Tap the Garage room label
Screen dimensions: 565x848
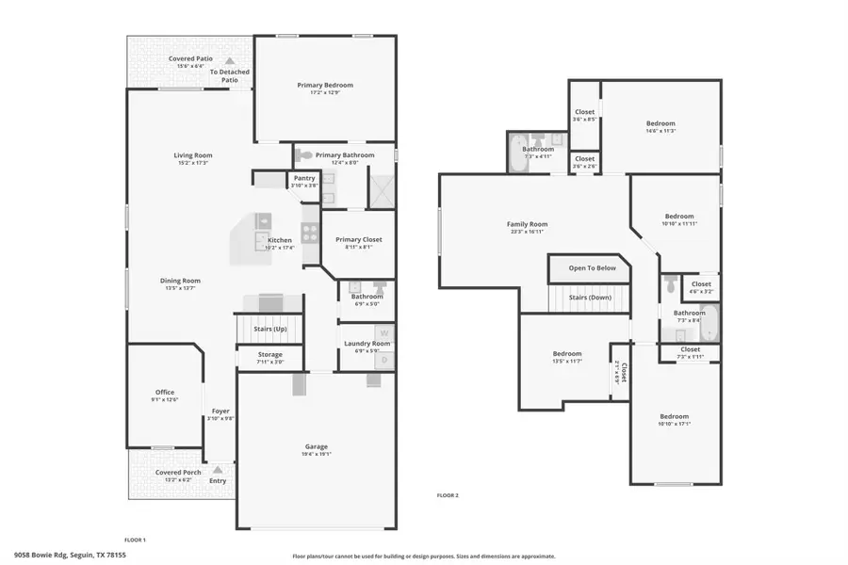tap(316, 446)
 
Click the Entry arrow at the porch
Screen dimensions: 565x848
tap(218, 468)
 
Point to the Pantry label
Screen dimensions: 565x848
tap(304, 178)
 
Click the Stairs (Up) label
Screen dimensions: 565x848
tap(270, 329)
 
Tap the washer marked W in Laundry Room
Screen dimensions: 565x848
tap(383, 331)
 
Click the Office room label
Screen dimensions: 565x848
tap(165, 393)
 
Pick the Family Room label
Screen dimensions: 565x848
tap(527, 224)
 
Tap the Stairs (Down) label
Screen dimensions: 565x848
tap(589, 297)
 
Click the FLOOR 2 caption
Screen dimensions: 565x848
tap(447, 494)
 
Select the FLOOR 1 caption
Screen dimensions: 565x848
tap(135, 540)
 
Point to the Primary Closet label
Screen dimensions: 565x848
tap(359, 240)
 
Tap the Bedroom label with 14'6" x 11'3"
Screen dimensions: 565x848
tap(660, 123)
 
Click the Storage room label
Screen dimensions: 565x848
tap(270, 355)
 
